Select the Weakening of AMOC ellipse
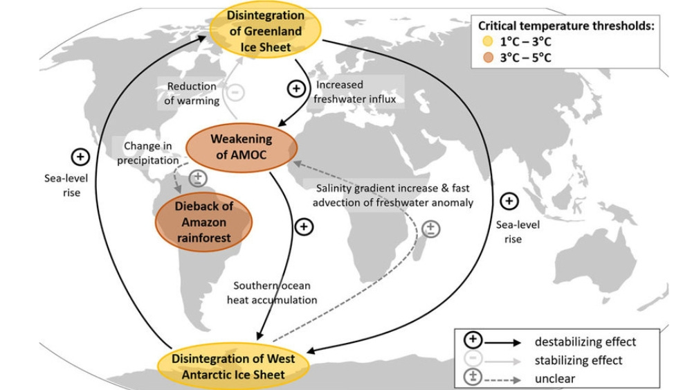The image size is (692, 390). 242,147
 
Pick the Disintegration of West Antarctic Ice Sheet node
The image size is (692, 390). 233,366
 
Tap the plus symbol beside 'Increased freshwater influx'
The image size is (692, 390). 295,89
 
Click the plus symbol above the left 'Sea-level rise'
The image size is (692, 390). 81,157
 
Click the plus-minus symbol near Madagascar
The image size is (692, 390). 430,227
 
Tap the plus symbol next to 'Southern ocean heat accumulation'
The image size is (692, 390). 304,227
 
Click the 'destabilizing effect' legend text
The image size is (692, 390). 585,342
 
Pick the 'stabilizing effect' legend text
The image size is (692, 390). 579,360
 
